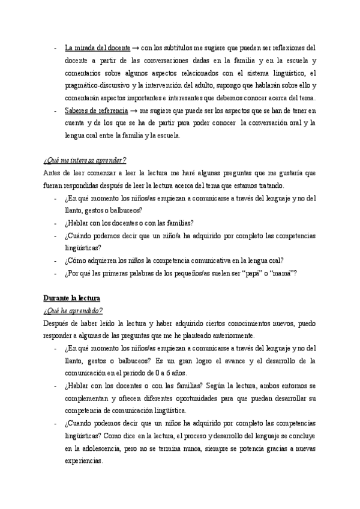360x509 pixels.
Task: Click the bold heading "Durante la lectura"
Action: pyautogui.click(x=72, y=298)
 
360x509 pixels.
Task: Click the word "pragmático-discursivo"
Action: pyautogui.click(x=93, y=85)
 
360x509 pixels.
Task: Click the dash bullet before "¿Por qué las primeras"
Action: pyautogui.click(x=55, y=274)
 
